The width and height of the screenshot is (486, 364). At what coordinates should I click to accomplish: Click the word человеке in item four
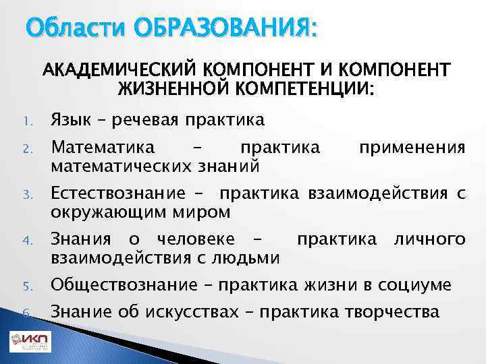click(x=196, y=239)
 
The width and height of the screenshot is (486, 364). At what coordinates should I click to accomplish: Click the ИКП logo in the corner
click(x=29, y=342)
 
